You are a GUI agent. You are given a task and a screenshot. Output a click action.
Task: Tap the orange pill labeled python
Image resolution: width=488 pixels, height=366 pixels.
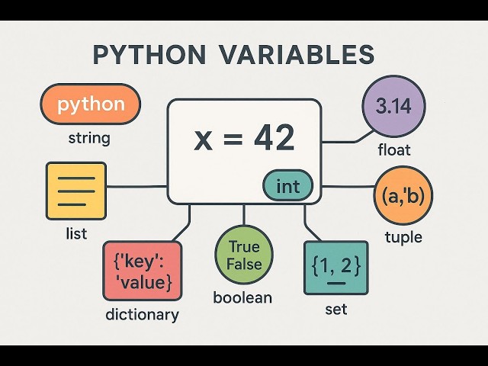point(90,104)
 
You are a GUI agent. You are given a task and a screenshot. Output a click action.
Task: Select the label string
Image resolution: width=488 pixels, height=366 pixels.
point(89,139)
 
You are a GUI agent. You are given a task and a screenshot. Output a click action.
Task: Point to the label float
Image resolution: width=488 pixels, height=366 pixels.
point(393,150)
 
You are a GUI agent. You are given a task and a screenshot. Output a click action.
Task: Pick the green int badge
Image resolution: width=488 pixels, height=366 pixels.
point(287,186)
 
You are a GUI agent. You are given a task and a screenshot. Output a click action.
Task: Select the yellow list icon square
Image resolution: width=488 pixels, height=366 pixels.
point(76,191)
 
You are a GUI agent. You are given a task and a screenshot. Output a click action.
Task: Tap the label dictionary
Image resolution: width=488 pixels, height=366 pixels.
point(143,314)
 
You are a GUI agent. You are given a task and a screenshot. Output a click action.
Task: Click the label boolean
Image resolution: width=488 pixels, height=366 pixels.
point(242,297)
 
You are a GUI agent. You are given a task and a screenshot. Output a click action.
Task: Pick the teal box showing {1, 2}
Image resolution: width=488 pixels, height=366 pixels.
point(335,268)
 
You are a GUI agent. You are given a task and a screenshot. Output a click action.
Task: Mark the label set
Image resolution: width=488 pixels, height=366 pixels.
point(336,310)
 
